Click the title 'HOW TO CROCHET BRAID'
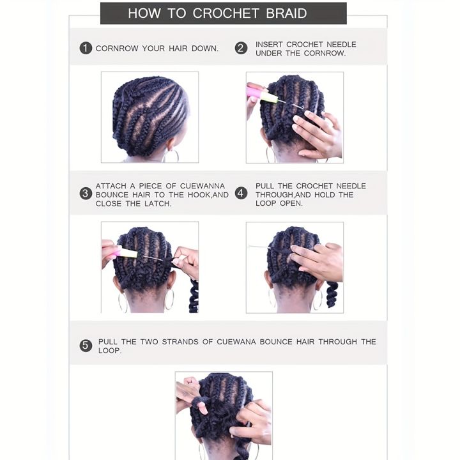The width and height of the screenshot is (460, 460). tap(217, 13)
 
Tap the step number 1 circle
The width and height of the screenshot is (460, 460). tap(86, 48)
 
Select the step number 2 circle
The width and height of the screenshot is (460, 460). tap(241, 48)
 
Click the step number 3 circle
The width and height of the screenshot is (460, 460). tap(86, 194)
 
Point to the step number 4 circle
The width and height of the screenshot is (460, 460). tap(241, 194)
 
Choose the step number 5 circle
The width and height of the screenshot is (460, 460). tap(86, 346)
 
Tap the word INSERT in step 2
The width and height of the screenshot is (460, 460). tap(269, 44)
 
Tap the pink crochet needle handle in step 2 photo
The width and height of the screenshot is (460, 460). tap(259, 93)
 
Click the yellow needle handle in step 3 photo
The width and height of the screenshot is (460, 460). tap(125, 253)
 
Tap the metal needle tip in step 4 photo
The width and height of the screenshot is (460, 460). tap(259, 247)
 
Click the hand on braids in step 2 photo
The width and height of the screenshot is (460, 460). tap(317, 134)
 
